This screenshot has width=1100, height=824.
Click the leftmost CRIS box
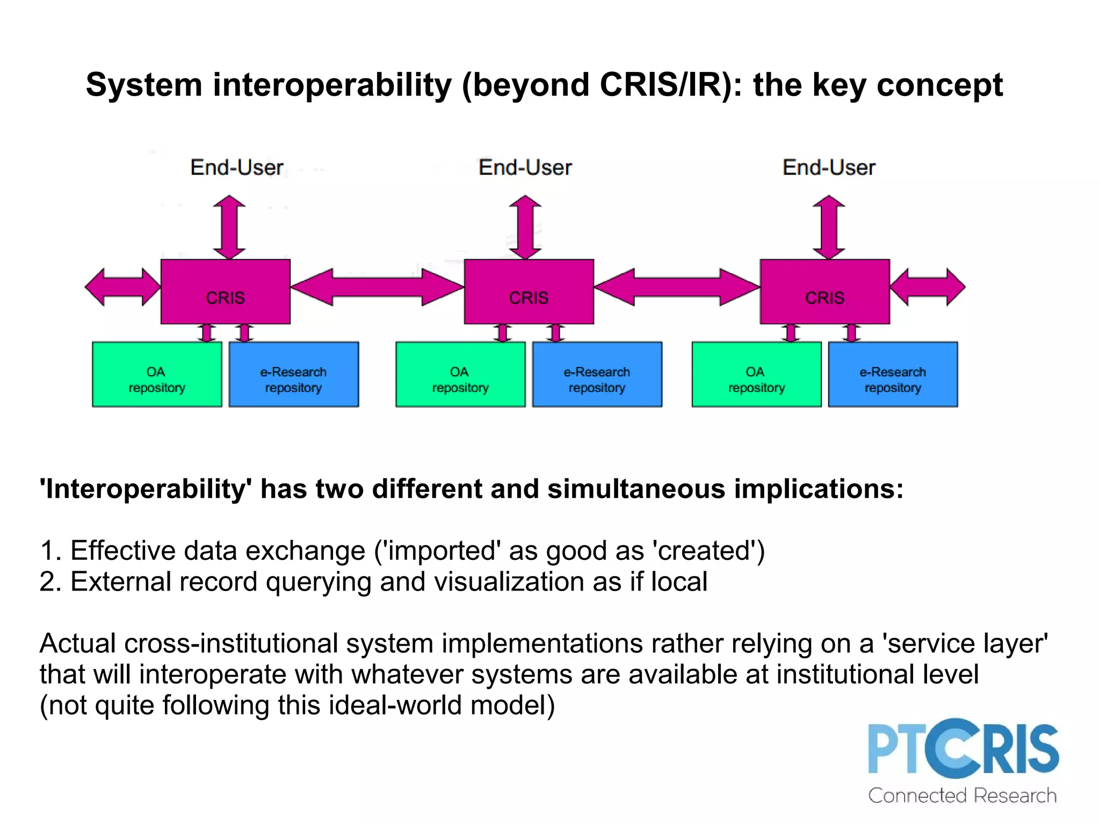pyautogui.click(x=225, y=291)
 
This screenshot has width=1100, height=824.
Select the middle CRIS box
pyautogui.click(x=529, y=291)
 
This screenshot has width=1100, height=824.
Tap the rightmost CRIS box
pyautogui.click(x=824, y=291)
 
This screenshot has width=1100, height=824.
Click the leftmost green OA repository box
pyautogui.click(x=156, y=374)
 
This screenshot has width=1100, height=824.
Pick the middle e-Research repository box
pyautogui.click(x=597, y=374)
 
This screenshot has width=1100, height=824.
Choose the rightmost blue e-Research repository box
pyautogui.click(x=893, y=374)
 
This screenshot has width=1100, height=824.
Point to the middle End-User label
pyautogui.click(x=525, y=167)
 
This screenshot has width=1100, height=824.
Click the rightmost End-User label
pyautogui.click(x=828, y=167)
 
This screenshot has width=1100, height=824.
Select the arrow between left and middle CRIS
pyautogui.click(x=377, y=287)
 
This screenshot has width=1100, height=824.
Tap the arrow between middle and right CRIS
pyautogui.click(x=677, y=287)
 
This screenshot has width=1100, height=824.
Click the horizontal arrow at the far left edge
pyautogui.click(x=122, y=287)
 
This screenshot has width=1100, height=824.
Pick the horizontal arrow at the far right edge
pyautogui.click(x=928, y=287)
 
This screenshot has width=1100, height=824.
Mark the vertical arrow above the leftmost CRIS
pyautogui.click(x=229, y=227)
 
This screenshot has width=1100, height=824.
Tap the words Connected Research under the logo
pyautogui.click(x=962, y=796)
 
